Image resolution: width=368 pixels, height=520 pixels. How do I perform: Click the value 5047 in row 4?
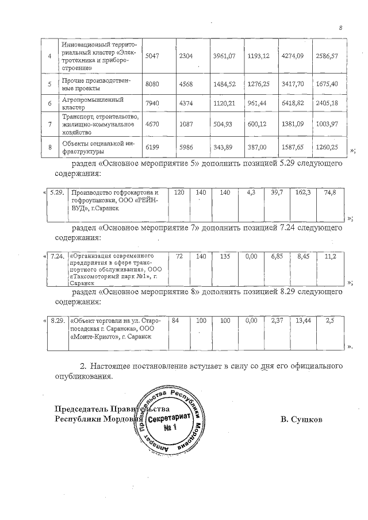[x=149, y=55]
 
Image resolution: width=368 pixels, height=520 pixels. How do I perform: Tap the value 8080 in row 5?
[x=149, y=84]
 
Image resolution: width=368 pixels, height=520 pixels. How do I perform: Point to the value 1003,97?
[x=327, y=125]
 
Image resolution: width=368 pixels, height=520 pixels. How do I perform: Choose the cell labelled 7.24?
[x=57, y=255]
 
